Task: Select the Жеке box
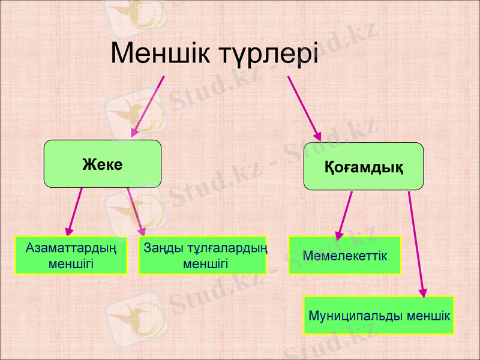coord(103,164)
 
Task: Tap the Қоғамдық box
coord(364,166)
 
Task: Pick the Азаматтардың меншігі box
coord(71,255)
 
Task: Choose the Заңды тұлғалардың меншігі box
coord(203,255)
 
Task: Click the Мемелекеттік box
coord(344,255)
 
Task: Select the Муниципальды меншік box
coord(379,315)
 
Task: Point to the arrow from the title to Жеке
coord(148,106)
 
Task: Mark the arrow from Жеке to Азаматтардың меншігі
coord(76,210)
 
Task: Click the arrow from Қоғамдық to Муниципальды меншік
coord(416,243)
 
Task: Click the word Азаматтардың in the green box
coord(71,247)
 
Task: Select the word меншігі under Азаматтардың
coord(71,263)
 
